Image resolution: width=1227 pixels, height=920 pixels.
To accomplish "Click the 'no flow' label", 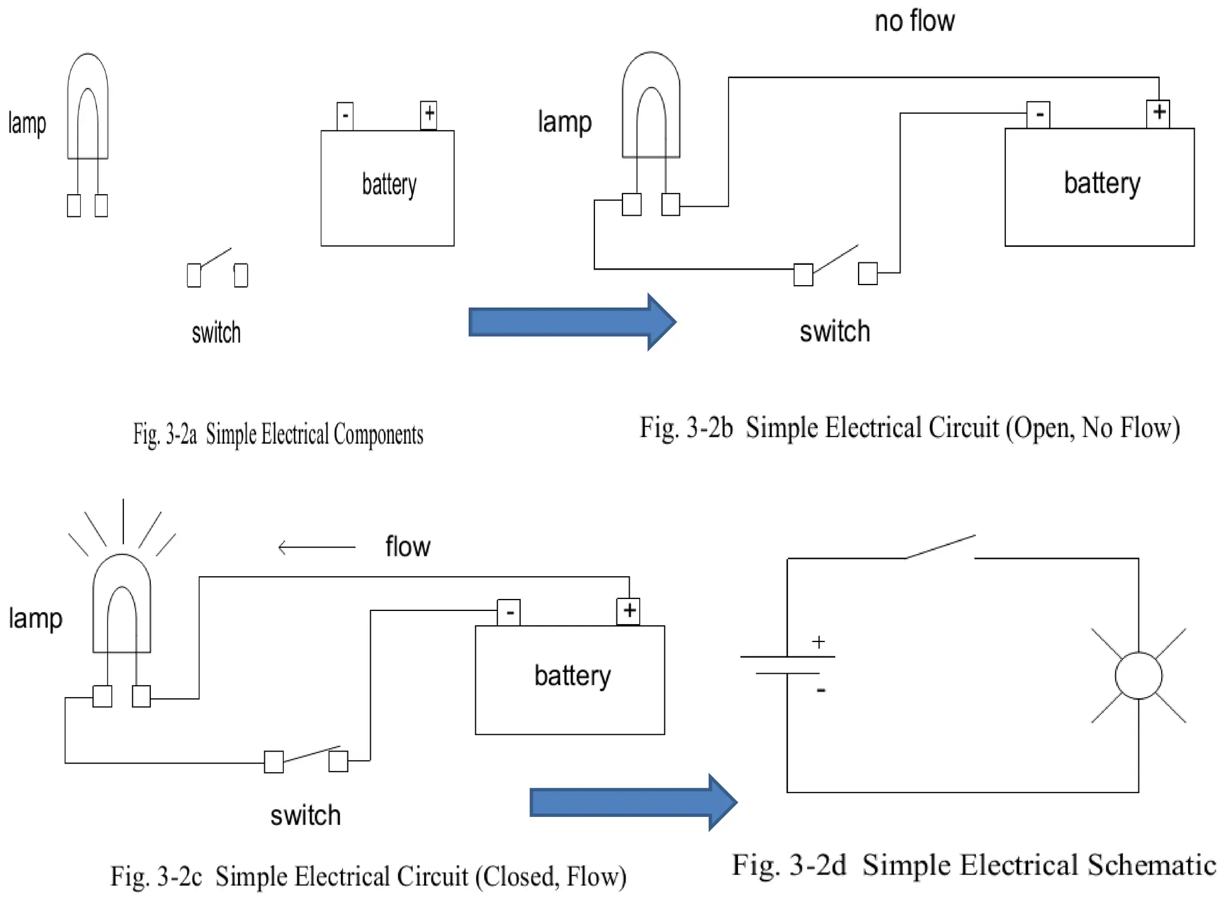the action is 914,21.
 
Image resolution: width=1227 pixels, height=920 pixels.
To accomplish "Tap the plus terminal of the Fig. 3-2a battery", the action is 429,115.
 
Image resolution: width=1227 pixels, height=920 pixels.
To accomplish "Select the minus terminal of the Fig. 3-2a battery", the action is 345,116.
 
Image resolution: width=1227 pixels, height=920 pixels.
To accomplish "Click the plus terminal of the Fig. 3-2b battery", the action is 1158,114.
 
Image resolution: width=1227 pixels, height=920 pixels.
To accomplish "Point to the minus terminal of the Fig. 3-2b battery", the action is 1038,114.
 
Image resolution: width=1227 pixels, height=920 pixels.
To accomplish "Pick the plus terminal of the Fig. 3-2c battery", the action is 628,612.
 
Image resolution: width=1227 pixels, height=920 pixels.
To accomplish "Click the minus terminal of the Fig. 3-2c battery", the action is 509,613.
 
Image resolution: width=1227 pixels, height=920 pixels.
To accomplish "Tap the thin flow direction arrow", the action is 317,547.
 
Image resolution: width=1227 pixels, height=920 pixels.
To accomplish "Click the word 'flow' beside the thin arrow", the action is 407,547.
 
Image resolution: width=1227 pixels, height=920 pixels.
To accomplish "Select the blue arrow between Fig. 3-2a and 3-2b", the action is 573,322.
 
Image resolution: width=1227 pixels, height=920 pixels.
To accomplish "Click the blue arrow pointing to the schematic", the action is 634,803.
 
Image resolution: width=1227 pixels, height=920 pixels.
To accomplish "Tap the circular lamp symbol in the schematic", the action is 1138,676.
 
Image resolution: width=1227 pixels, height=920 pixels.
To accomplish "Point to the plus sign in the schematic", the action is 818,642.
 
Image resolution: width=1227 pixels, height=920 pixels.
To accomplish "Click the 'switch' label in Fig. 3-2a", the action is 216,333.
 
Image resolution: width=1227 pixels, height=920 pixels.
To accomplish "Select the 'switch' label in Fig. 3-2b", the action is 835,331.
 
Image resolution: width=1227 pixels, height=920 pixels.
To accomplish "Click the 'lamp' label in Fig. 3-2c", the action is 35,619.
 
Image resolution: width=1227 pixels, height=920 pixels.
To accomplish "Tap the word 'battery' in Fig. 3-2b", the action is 1102,183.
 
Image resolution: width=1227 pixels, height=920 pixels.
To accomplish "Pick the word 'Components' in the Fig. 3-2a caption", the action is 379,435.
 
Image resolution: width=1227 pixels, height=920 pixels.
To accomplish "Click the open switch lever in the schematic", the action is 941,547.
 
